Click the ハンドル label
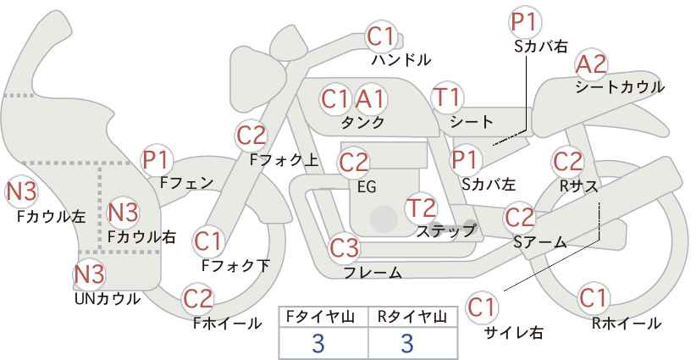coord(401,59)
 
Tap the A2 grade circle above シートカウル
coord(591,65)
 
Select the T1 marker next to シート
coord(447,97)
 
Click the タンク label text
coord(362,122)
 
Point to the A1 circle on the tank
coord(370,99)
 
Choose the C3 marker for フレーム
coord(344,247)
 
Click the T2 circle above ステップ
coord(421,208)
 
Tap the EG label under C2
coord(367,187)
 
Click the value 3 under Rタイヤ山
coord(407,343)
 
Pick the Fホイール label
coord(228,324)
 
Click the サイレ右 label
coord(514,333)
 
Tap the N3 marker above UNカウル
coord(89,274)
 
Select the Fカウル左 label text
coord(52,217)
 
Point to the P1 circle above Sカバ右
coord(526,22)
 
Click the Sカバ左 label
coord(489,183)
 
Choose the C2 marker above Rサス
coord(567,162)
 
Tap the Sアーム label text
coord(540,242)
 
